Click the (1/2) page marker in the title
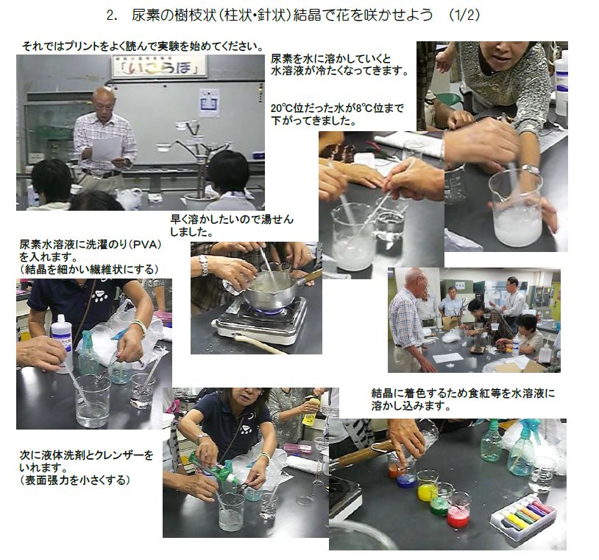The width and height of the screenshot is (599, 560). tap(464, 15)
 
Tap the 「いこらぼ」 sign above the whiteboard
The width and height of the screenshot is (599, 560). tap(159, 66)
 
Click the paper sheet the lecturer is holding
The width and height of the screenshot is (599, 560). tap(106, 149)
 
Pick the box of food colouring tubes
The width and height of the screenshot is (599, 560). tap(523, 517)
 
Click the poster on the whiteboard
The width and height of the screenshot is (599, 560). tap(209, 102)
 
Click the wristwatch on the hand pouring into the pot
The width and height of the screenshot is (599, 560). tap(204, 265)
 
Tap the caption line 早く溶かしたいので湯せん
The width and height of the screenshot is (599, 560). tap(232, 219)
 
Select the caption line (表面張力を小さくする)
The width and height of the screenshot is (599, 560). tap(75, 480)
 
